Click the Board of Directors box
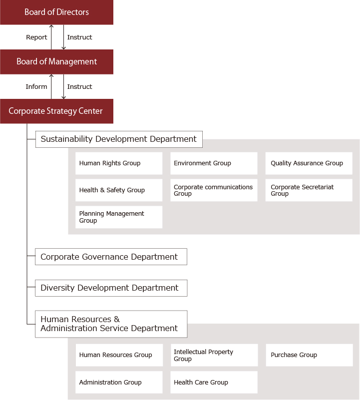point(56,12)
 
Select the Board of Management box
point(56,62)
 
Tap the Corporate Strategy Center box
point(56,111)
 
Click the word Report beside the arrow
point(36,37)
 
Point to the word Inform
point(36,86)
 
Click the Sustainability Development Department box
point(119,139)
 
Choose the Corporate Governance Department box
point(111,257)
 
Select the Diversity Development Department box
point(111,288)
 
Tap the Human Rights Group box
point(119,163)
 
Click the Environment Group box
point(214,163)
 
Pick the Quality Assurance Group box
point(309,163)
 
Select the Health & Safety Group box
point(119,190)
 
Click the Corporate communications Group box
point(214,190)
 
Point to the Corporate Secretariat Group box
point(309,190)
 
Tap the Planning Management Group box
point(119,217)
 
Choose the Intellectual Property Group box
point(214,355)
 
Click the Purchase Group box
point(309,355)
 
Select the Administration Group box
point(119,382)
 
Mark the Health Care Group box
point(214,382)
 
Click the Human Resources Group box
point(119,355)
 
